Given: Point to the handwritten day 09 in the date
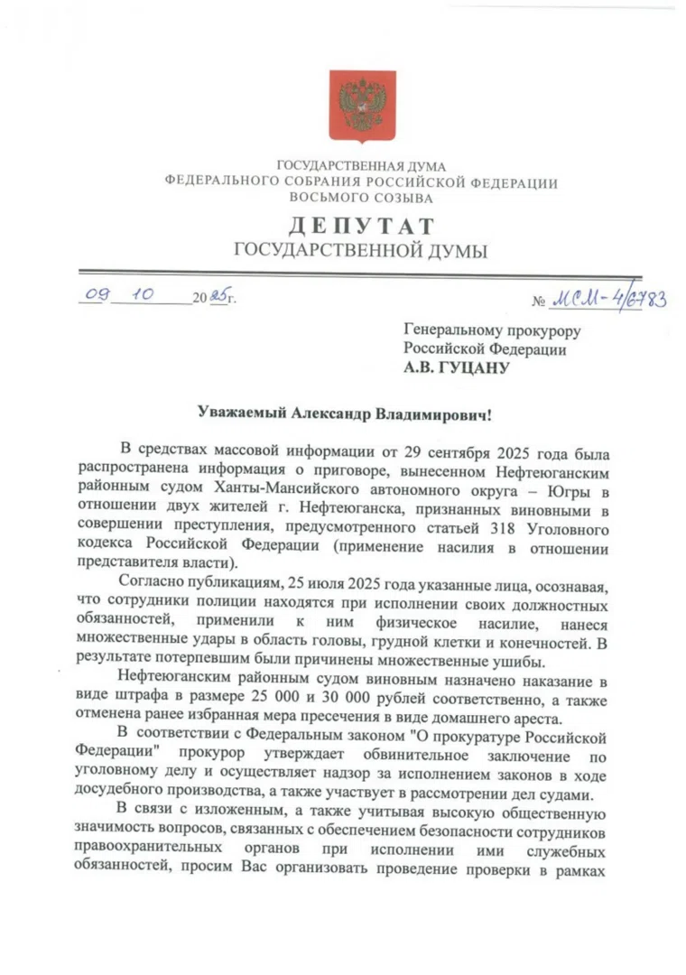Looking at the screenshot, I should point(97,294).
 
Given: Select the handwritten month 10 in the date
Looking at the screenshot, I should point(145,294).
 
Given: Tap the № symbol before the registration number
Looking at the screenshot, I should point(541,302).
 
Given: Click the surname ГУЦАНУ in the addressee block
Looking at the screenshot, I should point(477,367).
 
